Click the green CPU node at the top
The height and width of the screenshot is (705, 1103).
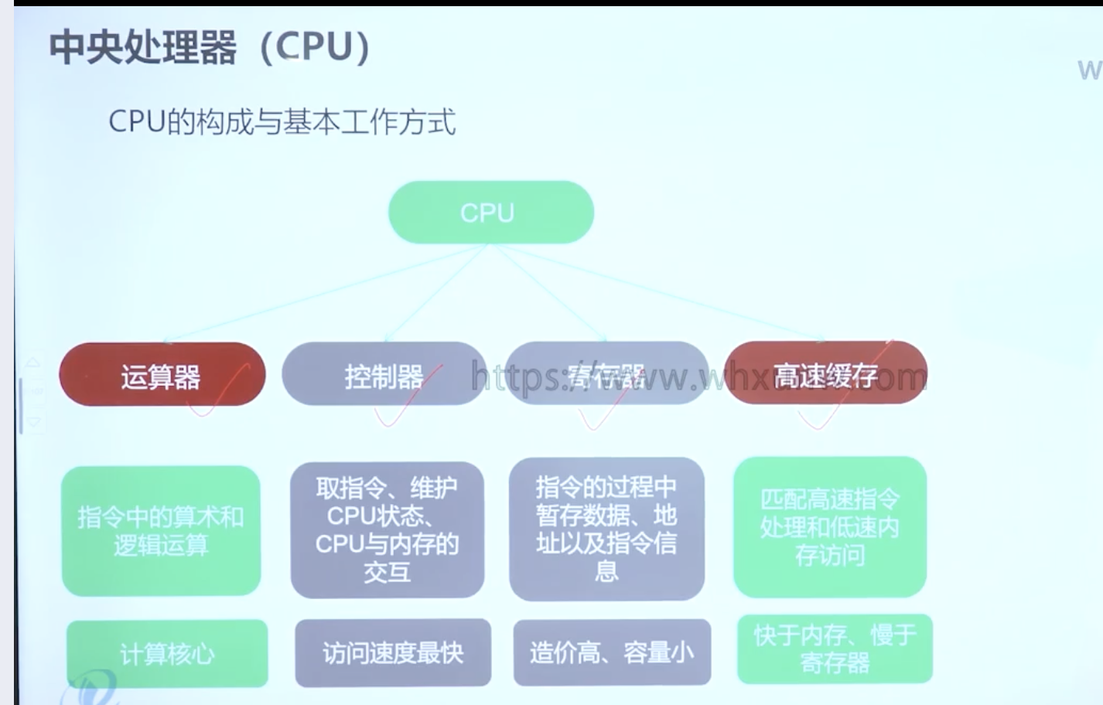[490, 213]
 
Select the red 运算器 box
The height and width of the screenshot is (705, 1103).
[162, 376]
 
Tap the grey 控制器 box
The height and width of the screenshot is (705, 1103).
[383, 375]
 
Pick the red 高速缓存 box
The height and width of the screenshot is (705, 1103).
[825, 374]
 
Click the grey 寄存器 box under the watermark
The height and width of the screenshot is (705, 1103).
[606, 374]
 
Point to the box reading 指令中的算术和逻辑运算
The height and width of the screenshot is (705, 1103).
[161, 531]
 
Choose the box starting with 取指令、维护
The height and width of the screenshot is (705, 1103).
[387, 530]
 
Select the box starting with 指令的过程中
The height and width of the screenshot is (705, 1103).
[606, 530]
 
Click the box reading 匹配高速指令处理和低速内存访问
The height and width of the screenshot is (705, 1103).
[829, 527]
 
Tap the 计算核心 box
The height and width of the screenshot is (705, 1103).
[167, 654]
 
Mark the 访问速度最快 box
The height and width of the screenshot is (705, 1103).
[393, 653]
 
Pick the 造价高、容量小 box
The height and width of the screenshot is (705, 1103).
[612, 653]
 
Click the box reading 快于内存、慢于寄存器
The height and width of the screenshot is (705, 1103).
[835, 649]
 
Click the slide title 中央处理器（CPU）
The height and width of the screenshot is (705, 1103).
[210, 47]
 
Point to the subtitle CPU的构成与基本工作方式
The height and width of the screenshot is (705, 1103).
[282, 122]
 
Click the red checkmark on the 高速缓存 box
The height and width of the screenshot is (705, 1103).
[843, 394]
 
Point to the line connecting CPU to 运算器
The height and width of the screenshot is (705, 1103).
[325, 294]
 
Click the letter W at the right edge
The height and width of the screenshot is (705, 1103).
[1089, 70]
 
